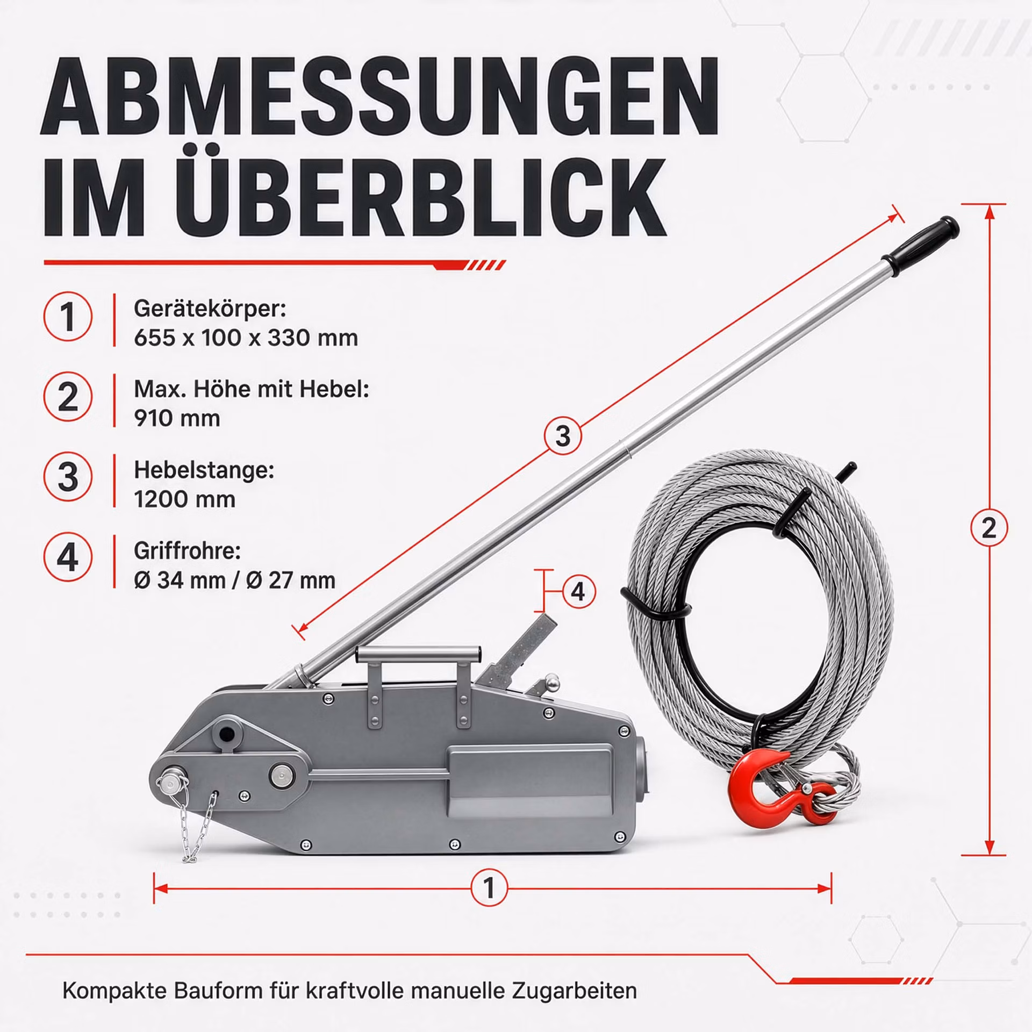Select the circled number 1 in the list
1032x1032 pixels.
coord(68,317)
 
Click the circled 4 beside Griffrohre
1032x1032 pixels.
coord(68,558)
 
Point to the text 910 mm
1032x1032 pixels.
coord(177,418)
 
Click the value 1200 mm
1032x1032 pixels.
coord(184,499)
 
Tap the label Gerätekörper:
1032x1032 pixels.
coord(210,309)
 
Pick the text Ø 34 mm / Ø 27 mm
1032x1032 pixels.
coord(234,580)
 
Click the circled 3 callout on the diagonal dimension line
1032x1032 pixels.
coord(563,435)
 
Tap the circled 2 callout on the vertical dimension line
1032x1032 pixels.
coord(989,529)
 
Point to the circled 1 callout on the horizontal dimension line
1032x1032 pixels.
coord(489,888)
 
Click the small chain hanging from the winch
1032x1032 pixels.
coord(202,828)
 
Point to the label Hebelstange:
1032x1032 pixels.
coord(204,470)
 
